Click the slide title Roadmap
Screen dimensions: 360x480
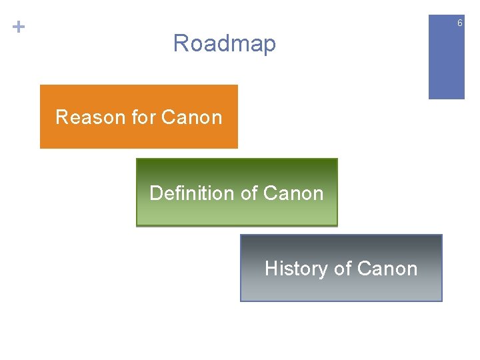224,44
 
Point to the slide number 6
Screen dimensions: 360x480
459,24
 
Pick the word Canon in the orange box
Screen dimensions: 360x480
191,117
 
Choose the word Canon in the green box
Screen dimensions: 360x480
293,193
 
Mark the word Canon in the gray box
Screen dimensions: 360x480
387,269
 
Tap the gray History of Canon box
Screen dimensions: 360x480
341,287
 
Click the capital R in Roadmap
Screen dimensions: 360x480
181,44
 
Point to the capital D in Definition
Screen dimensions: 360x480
156,193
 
